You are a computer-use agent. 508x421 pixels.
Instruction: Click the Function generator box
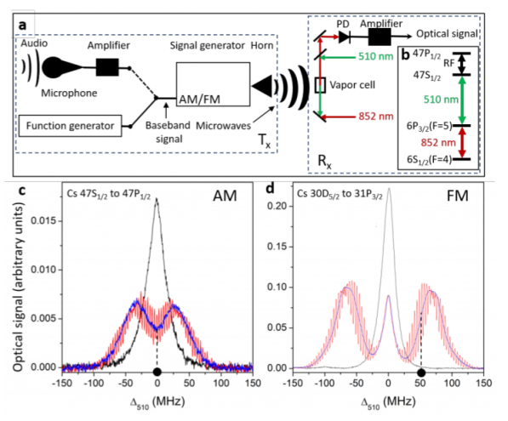[70, 126]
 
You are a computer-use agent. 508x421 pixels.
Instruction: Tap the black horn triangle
[262, 86]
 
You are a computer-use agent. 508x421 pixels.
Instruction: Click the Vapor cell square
[320, 85]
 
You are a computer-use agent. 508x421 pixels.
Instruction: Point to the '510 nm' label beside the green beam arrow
[375, 56]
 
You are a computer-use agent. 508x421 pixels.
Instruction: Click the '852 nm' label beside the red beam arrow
[376, 117]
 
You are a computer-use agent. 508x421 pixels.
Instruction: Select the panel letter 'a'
[22, 25]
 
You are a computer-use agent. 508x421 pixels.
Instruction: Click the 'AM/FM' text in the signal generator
[200, 100]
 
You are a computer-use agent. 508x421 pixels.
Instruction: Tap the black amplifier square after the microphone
[107, 67]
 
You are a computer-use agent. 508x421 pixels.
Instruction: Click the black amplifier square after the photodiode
[380, 37]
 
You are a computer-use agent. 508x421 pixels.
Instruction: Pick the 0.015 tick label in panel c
[43, 221]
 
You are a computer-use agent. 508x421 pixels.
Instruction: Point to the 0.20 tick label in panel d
[277, 206]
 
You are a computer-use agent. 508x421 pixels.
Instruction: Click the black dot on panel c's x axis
[157, 372]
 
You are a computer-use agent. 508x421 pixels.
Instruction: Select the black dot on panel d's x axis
[421, 373]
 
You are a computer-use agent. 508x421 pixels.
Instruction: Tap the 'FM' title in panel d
[458, 196]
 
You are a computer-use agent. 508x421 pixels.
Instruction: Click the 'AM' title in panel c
[225, 196]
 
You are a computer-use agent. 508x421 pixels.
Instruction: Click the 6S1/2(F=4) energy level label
[429, 160]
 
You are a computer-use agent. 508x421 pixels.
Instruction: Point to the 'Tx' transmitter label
[264, 141]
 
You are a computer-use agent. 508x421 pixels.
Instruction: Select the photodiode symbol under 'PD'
[344, 37]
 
